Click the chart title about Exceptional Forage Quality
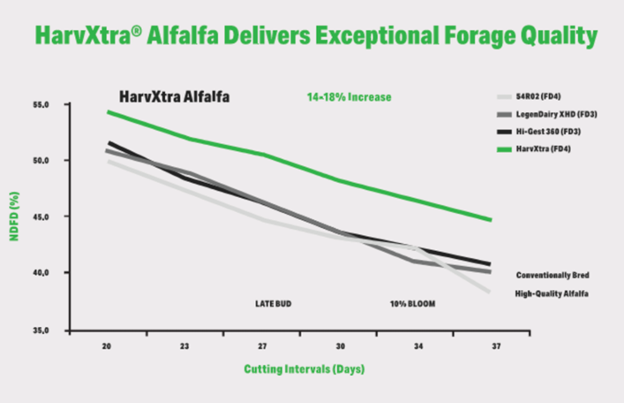coord(313,36)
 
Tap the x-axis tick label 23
coord(184,346)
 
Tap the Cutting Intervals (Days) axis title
coord(304,369)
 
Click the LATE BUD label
coord(273,303)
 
